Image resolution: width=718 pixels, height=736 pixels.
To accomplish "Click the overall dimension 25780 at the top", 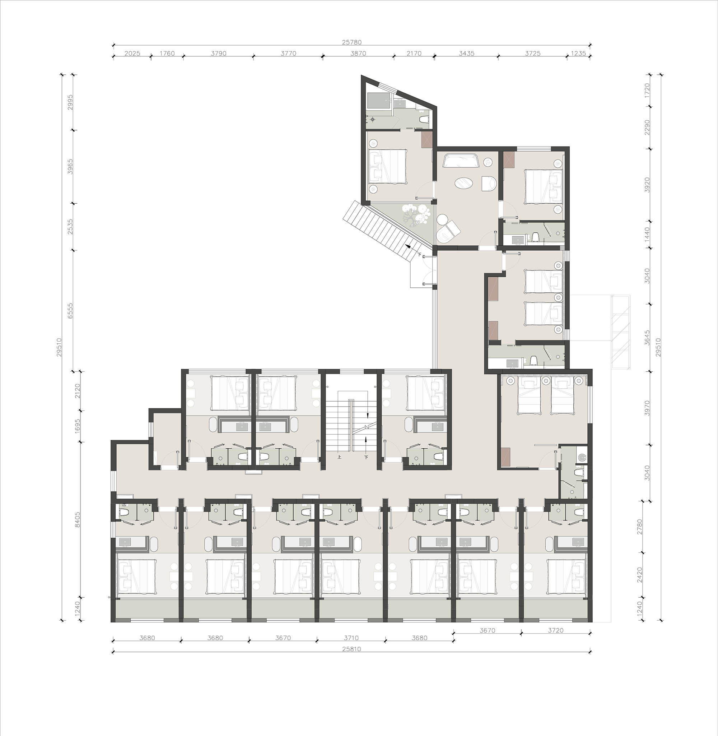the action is click(x=351, y=43).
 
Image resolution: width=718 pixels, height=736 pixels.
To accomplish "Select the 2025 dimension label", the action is click(x=132, y=53).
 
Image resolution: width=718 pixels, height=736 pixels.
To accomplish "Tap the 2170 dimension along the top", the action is click(x=414, y=53).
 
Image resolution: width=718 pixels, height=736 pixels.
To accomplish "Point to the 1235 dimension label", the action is click(x=578, y=53).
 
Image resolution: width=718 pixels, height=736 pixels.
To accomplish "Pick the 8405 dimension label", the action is click(x=78, y=519).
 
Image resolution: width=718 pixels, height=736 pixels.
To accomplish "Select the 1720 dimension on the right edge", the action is click(x=647, y=91).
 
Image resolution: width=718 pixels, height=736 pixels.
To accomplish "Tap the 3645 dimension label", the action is click(x=647, y=338).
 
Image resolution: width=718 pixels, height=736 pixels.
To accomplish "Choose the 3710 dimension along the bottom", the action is click(x=351, y=638).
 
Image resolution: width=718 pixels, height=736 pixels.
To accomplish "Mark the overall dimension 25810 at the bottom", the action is click(x=351, y=649).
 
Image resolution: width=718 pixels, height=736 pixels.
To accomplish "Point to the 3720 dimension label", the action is click(x=555, y=630).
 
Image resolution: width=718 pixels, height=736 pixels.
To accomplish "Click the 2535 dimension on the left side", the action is click(x=70, y=227).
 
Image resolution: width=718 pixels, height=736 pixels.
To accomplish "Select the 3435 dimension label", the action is click(x=466, y=53).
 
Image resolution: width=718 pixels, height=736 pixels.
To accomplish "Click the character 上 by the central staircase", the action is click(x=339, y=457).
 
